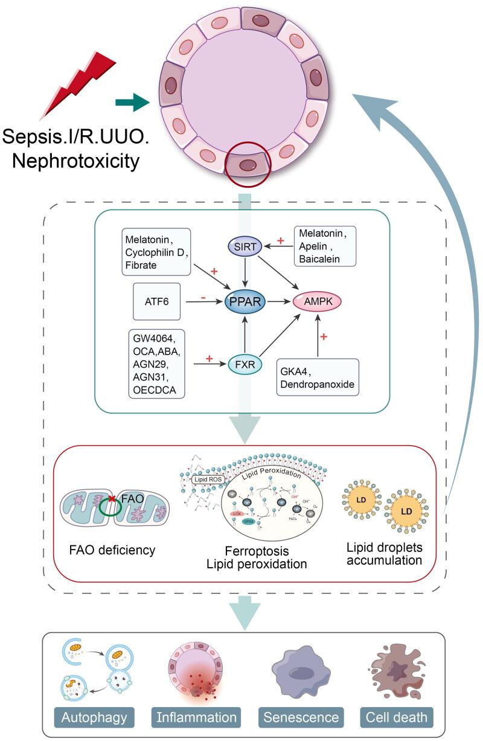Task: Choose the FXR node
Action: [x=245, y=365]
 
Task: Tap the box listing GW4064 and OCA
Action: [x=155, y=364]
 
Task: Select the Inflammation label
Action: [x=196, y=717]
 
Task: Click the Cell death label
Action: [x=397, y=717]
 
